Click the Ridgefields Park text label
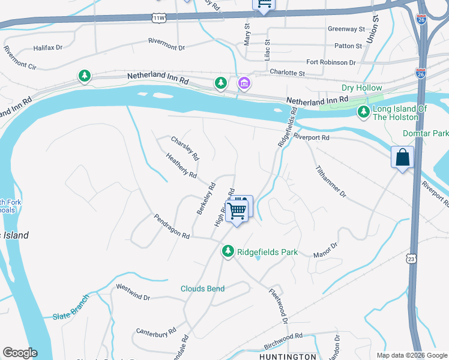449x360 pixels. [267, 252]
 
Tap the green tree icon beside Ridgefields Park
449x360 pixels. [228, 251]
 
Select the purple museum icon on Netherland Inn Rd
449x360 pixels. [244, 83]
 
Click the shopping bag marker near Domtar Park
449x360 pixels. [402, 158]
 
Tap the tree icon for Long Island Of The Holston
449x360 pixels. [363, 112]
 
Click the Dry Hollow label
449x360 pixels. [362, 88]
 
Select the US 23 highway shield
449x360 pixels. [411, 258]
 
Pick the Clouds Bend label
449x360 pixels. [203, 289]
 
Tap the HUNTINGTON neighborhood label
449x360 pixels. [288, 356]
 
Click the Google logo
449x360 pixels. [20, 353]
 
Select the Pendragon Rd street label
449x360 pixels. [172, 227]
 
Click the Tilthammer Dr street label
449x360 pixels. [331, 182]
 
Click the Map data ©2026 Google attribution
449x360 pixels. [411, 355]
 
